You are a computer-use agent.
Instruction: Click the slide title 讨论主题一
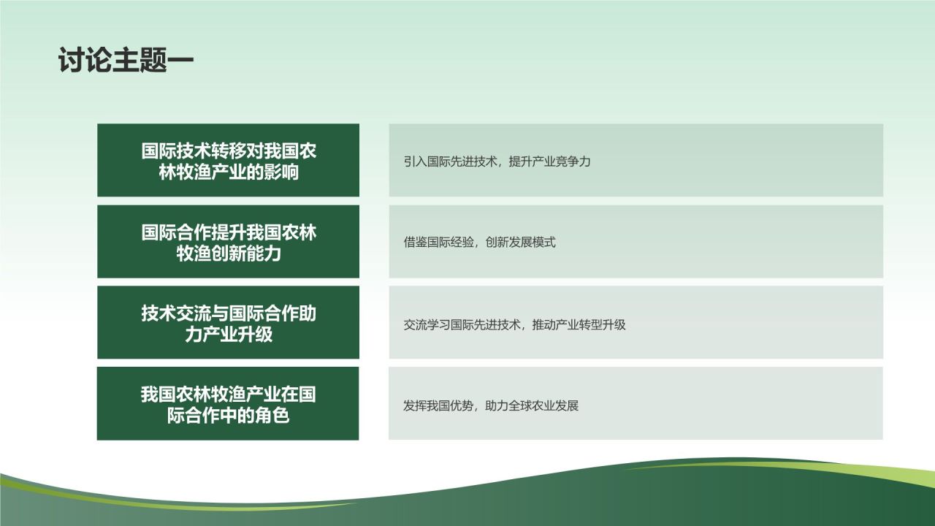pyautogui.click(x=126, y=61)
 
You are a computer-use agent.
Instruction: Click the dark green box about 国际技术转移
pyautogui.click(x=228, y=160)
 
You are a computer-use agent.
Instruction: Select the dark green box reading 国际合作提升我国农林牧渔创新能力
pyautogui.click(x=228, y=241)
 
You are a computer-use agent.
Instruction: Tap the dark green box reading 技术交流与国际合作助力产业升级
pyautogui.click(x=228, y=322)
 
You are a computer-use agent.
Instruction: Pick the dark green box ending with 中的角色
pyautogui.click(x=228, y=403)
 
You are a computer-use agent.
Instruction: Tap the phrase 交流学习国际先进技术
pyautogui.click(x=462, y=324)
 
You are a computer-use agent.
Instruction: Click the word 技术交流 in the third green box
pyautogui.click(x=176, y=313)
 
